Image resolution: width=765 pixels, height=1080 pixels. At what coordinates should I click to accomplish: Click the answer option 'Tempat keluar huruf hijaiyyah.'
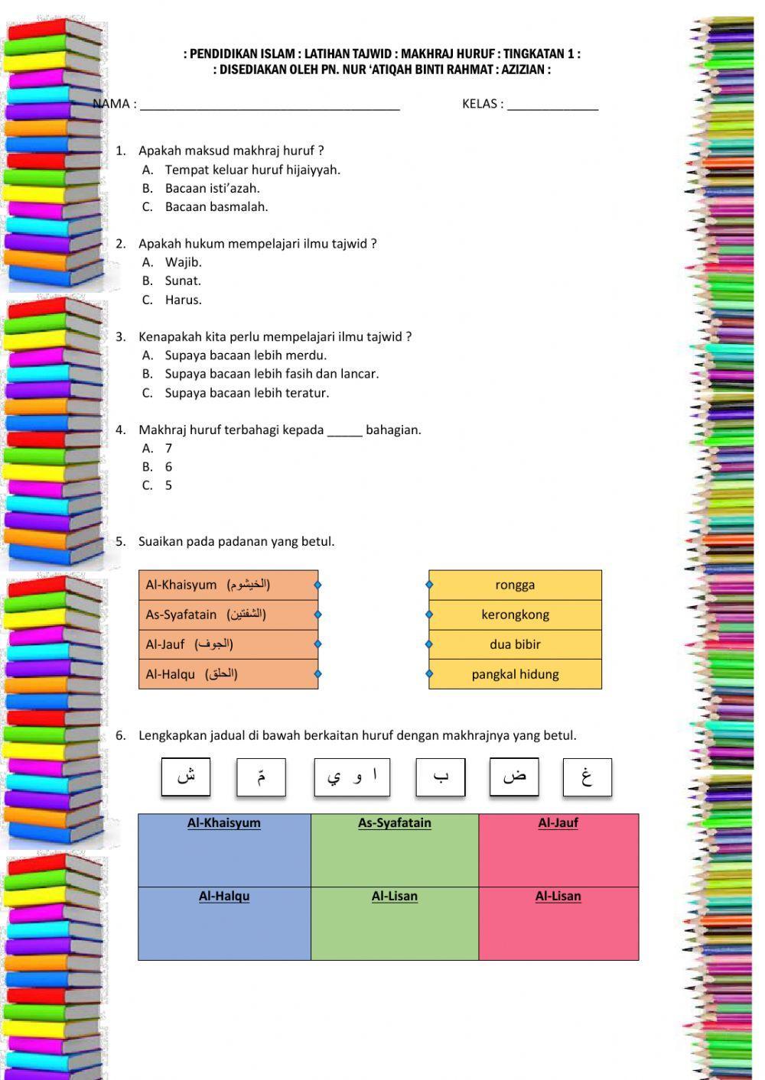pyautogui.click(x=252, y=170)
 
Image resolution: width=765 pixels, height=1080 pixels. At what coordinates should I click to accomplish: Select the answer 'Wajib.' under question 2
pyautogui.click(x=183, y=262)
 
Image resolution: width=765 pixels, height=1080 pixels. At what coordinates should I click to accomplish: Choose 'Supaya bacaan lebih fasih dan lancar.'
pyautogui.click(x=272, y=374)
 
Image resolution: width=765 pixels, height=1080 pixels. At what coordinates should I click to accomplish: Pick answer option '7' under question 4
pyautogui.click(x=168, y=449)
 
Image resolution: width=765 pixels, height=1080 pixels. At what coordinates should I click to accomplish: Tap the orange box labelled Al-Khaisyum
pyautogui.click(x=228, y=585)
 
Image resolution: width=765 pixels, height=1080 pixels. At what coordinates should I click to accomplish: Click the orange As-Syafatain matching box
pyautogui.click(x=228, y=615)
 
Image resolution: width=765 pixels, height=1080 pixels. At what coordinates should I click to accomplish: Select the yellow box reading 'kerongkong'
pyautogui.click(x=515, y=615)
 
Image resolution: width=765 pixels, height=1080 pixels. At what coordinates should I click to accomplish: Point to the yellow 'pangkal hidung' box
pyautogui.click(x=515, y=674)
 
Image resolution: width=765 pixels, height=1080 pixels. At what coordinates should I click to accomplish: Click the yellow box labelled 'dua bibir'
pyautogui.click(x=515, y=644)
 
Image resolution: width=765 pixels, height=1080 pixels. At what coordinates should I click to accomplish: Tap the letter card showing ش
pyautogui.click(x=186, y=777)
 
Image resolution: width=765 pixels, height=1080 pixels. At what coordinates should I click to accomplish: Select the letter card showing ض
pyautogui.click(x=514, y=777)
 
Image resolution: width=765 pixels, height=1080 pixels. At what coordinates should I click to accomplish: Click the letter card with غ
pyautogui.click(x=587, y=777)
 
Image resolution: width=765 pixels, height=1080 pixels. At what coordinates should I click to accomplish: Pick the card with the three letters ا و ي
pyautogui.click(x=352, y=777)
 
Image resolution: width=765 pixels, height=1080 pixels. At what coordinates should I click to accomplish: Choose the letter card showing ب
pyautogui.click(x=441, y=777)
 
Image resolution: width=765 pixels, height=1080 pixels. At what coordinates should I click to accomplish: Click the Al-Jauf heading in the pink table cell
pyautogui.click(x=558, y=823)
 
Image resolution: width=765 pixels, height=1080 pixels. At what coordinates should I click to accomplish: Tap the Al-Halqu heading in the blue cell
pyautogui.click(x=224, y=897)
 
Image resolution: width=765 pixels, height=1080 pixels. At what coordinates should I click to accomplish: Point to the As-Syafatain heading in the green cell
pyautogui.click(x=395, y=823)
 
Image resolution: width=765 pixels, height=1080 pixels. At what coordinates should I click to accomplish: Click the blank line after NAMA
pyautogui.click(x=269, y=105)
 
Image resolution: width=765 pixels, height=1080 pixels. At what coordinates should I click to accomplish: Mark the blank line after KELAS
pyautogui.click(x=552, y=105)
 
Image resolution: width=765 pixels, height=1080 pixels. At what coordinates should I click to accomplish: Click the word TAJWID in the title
pyautogui.click(x=374, y=54)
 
